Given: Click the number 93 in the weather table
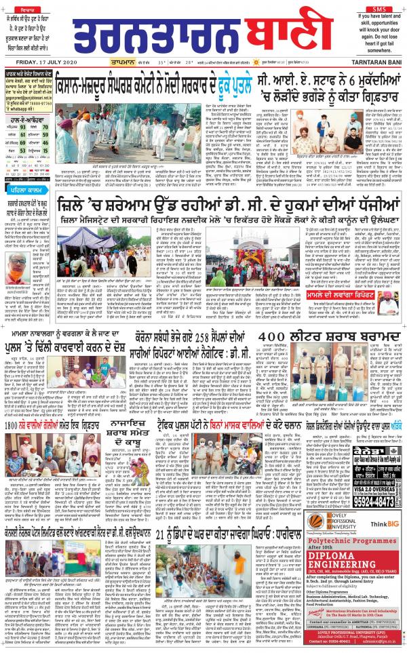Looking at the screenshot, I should tap(23, 126).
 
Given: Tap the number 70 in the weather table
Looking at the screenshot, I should tap(45, 126).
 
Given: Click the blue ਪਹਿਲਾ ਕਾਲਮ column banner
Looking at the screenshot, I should tap(24, 191).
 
